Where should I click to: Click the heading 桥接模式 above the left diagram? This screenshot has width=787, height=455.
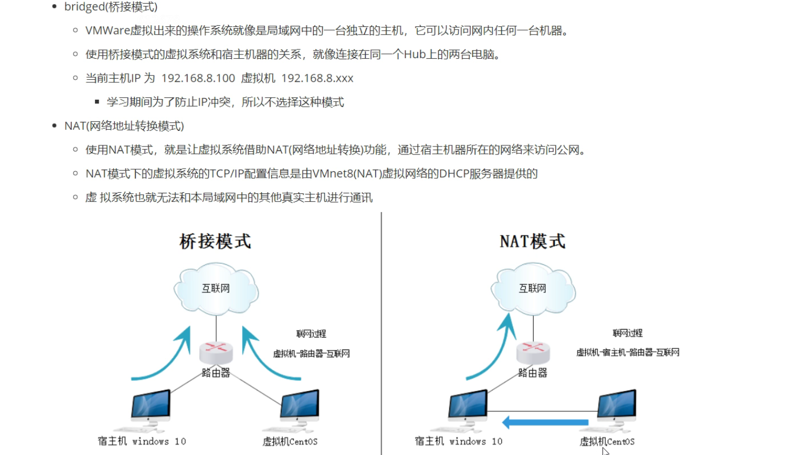tap(215, 241)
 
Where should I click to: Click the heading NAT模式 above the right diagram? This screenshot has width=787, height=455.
tap(533, 241)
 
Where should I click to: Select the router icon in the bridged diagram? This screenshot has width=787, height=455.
tap(216, 352)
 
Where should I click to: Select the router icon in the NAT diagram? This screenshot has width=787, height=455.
tap(533, 352)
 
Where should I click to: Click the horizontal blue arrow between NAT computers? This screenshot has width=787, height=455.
tap(546, 422)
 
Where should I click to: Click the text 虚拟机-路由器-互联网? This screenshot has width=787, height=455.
tap(311, 354)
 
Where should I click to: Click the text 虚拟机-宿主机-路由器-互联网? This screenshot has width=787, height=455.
tap(627, 353)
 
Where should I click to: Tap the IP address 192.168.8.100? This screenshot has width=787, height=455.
tap(198, 78)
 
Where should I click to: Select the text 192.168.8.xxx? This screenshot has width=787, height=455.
tap(317, 78)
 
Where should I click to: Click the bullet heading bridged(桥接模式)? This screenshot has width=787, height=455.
tap(111, 7)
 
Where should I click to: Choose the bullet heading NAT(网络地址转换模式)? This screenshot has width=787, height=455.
tap(124, 126)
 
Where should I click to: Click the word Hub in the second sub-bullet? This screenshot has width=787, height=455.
tap(415, 54)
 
